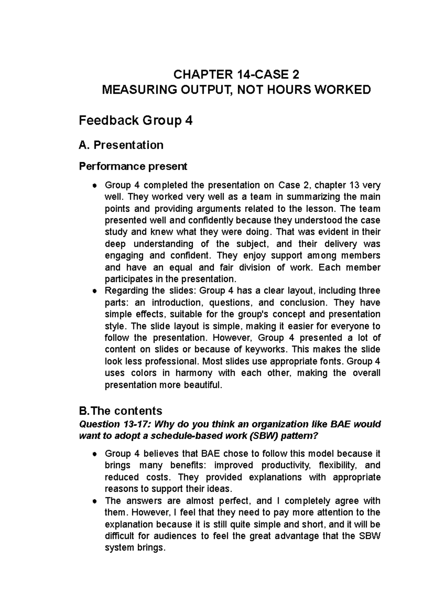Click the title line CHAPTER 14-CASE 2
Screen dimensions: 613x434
pos(236,75)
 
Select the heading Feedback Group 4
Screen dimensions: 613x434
pos(136,121)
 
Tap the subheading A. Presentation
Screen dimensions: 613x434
pos(121,145)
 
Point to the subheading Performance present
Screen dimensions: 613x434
pos(133,166)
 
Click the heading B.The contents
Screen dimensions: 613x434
pos(120,411)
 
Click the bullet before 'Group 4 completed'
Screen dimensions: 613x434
pos(94,186)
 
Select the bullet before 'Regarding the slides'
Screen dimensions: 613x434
pos(94,291)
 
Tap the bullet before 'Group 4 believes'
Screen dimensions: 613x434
pos(94,454)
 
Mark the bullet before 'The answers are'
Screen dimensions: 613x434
pos(94,502)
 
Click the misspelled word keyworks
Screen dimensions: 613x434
pos(266,350)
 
